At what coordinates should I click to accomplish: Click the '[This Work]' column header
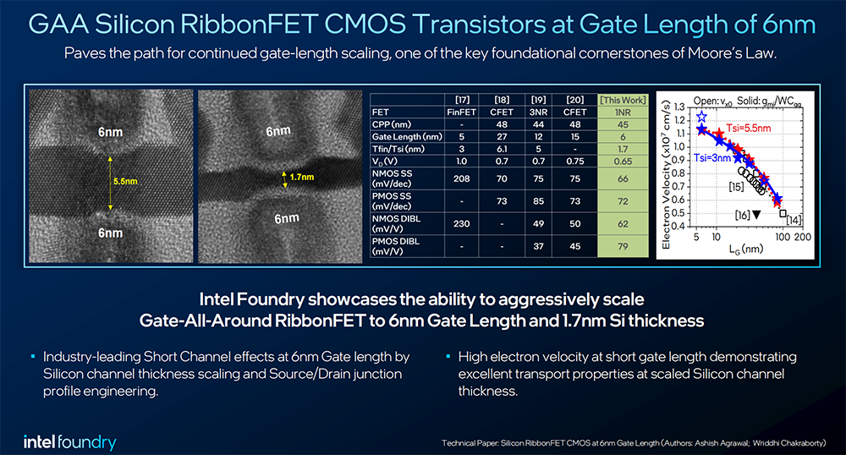coord(622,100)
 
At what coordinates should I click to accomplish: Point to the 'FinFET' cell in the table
coord(463,111)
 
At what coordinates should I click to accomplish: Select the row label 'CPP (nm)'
coord(392,124)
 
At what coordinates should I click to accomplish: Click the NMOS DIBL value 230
coord(463,223)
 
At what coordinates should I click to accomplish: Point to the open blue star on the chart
coord(701,117)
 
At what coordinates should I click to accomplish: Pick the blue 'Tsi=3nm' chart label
coord(710,158)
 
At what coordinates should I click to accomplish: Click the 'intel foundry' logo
coord(70,442)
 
